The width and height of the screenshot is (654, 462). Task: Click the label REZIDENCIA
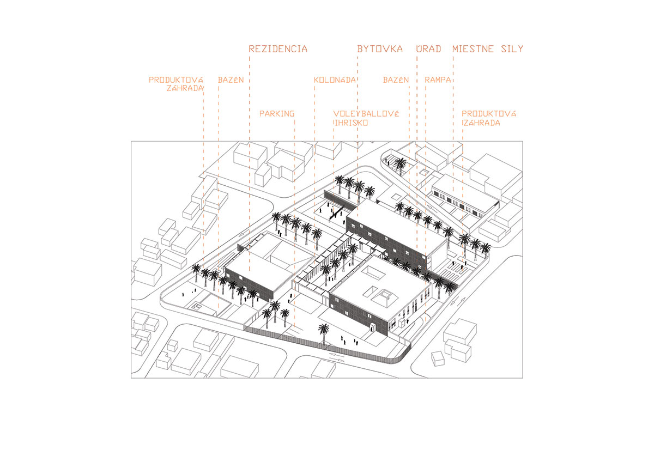tap(278, 49)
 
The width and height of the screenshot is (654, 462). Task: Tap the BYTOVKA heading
tap(380, 49)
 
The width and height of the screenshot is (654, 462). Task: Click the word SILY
tap(513, 49)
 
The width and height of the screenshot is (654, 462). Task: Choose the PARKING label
tap(277, 114)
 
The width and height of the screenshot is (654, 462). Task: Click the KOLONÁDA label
tap(334, 80)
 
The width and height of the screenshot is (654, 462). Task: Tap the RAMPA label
tap(438, 80)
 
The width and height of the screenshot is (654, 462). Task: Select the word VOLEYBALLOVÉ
tap(366, 114)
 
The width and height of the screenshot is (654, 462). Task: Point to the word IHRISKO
tap(352, 123)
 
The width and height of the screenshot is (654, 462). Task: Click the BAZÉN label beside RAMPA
tap(396, 80)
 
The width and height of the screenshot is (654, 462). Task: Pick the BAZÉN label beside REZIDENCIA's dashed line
tap(231, 80)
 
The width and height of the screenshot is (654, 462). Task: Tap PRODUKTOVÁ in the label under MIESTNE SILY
tap(489, 114)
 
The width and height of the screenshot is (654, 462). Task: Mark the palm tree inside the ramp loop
tap(401, 163)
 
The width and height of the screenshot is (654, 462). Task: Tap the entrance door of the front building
tap(372, 327)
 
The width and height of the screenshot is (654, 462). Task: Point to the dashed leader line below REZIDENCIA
tap(249, 163)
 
